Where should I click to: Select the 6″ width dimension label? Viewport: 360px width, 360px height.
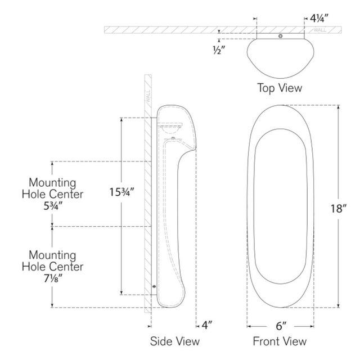(x=281, y=326)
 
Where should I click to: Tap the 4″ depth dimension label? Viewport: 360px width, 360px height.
(x=207, y=325)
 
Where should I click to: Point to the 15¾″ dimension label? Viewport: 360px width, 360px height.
(x=121, y=192)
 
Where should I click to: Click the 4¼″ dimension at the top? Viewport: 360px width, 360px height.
(x=319, y=18)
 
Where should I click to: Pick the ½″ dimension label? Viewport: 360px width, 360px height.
(x=219, y=50)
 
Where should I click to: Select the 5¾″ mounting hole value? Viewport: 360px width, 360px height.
(x=53, y=206)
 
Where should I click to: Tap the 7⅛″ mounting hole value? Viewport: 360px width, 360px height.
(x=53, y=279)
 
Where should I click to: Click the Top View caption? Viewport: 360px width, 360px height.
(x=280, y=88)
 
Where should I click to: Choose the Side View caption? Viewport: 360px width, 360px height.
(x=175, y=341)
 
